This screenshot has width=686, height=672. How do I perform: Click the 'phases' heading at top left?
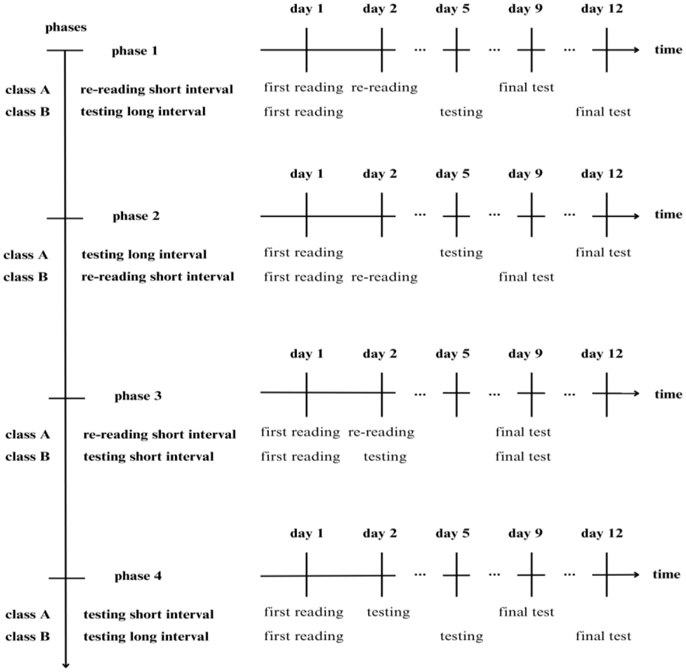click(x=66, y=28)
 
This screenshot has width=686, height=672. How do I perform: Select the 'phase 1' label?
click(x=135, y=51)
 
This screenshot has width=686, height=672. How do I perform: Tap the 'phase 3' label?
click(x=138, y=396)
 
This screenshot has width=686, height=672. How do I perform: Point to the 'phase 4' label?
click(x=138, y=576)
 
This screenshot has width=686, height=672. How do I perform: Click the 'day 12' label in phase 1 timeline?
click(x=602, y=9)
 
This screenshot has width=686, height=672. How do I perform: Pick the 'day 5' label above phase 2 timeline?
click(x=452, y=174)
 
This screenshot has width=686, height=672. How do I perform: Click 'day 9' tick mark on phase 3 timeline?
click(x=531, y=394)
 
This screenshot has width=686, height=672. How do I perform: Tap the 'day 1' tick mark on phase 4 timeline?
click(x=306, y=575)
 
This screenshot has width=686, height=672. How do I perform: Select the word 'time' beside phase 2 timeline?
click(x=668, y=215)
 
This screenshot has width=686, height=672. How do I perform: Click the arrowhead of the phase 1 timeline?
click(x=637, y=50)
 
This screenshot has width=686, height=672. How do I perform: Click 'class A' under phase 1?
click(x=28, y=90)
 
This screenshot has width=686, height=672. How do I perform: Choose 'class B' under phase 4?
click(x=28, y=637)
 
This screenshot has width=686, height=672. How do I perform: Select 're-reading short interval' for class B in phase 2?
click(x=157, y=277)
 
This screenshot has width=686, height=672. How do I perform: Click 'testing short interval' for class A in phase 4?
click(x=148, y=614)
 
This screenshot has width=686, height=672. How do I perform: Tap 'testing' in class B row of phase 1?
click(x=461, y=112)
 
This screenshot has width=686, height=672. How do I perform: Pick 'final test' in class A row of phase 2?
click(x=603, y=252)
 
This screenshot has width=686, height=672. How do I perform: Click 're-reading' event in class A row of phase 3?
click(x=381, y=432)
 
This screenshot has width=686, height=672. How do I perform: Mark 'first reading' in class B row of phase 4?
click(x=304, y=636)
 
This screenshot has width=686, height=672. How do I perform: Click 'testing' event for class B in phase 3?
click(x=385, y=457)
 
